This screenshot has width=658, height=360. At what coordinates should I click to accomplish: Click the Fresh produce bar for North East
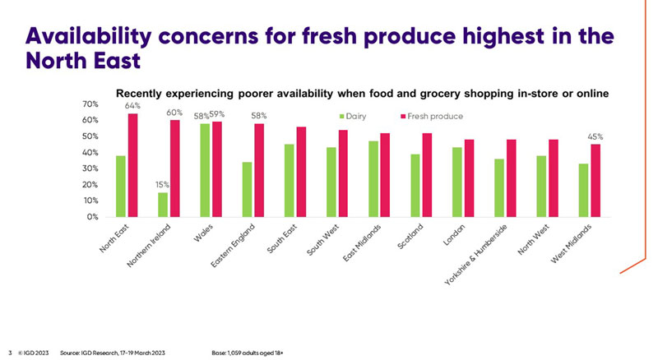pyautogui.click(x=132, y=165)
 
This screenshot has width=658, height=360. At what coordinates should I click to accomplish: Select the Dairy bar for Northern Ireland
pyautogui.click(x=162, y=205)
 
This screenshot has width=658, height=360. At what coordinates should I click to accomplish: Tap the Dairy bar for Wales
pyautogui.click(x=204, y=170)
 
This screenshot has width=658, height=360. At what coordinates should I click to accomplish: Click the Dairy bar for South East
pyautogui.click(x=289, y=181)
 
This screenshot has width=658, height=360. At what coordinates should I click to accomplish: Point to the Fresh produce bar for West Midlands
pyautogui.click(x=595, y=181)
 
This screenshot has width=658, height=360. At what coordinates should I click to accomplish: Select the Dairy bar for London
pyautogui.click(x=457, y=182)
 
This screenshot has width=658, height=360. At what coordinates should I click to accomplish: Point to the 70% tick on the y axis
pyautogui.click(x=90, y=104)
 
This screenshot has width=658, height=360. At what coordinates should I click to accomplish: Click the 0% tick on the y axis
pyautogui.click(x=93, y=217)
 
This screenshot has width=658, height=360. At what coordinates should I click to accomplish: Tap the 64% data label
pyautogui.click(x=132, y=106)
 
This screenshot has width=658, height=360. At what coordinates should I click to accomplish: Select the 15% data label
pyautogui.click(x=162, y=185)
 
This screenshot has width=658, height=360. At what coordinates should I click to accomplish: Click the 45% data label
pyautogui.click(x=595, y=136)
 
